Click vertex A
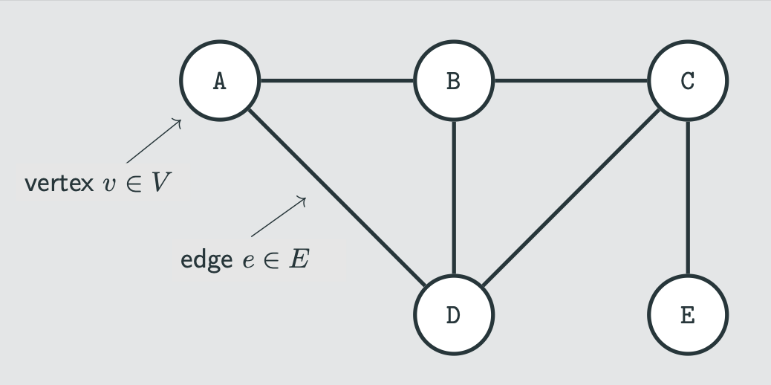[219, 80]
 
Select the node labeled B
[453, 80]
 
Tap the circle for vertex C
[688, 80]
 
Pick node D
[453, 314]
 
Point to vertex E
[688, 314]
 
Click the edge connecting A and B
[336, 80]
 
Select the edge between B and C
[570, 80]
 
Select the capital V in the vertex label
[161, 183]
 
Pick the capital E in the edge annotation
[298, 260]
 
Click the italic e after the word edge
[248, 262]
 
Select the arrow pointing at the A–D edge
[279, 216]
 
